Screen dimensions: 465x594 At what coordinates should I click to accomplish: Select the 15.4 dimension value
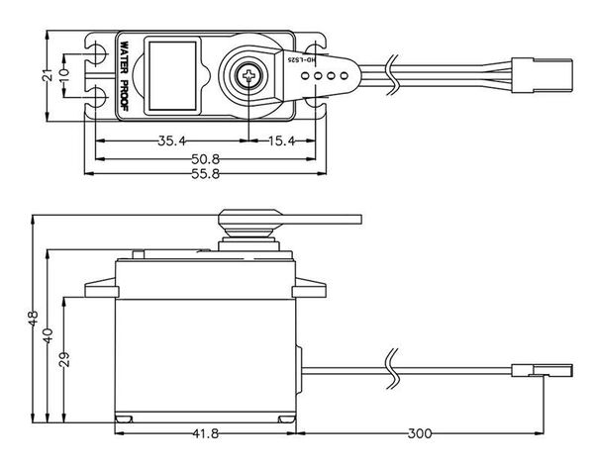(282, 140)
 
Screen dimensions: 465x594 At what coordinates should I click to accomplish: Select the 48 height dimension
(34, 320)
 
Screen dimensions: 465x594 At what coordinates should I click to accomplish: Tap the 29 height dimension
(64, 359)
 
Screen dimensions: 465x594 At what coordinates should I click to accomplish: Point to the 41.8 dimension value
(205, 433)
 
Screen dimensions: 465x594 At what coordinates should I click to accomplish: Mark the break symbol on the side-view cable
(393, 366)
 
